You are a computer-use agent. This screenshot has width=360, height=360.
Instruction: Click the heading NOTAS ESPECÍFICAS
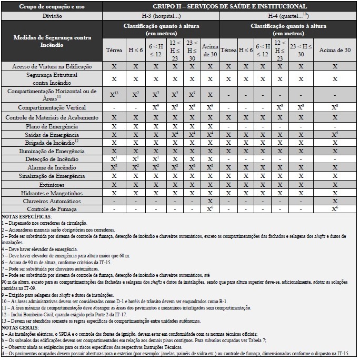pos(27,216)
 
